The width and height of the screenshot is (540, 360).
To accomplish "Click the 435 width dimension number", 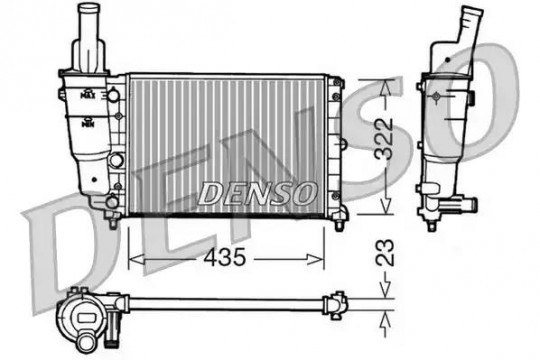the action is pyautogui.click(x=225, y=257).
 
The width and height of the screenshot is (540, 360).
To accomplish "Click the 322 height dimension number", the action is pyautogui.click(x=384, y=139).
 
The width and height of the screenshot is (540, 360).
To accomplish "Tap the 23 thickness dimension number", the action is pyautogui.click(x=384, y=252).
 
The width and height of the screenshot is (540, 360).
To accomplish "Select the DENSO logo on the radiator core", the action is pyautogui.click(x=257, y=193).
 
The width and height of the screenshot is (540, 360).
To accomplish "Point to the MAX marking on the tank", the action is pyautogui.click(x=88, y=94).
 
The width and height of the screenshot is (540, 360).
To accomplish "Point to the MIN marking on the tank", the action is pyautogui.click(x=88, y=122).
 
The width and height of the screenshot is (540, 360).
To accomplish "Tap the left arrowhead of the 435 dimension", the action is pyautogui.click(x=136, y=259).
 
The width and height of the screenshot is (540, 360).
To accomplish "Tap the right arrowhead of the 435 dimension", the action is pyautogui.click(x=316, y=259).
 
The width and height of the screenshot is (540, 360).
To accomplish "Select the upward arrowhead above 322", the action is pyautogui.click(x=386, y=88).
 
